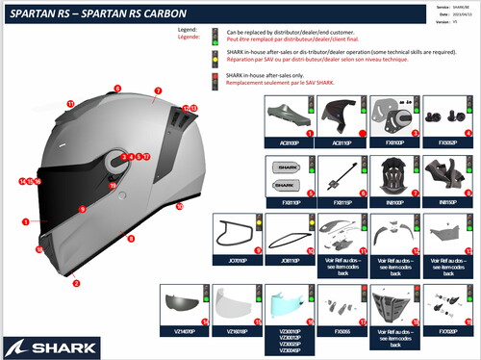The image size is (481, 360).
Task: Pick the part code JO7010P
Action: click(237, 259)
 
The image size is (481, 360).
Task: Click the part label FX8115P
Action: click(341, 204)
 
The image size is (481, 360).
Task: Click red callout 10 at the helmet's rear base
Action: click(179, 206)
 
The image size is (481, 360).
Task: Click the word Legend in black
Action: click(189, 30)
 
